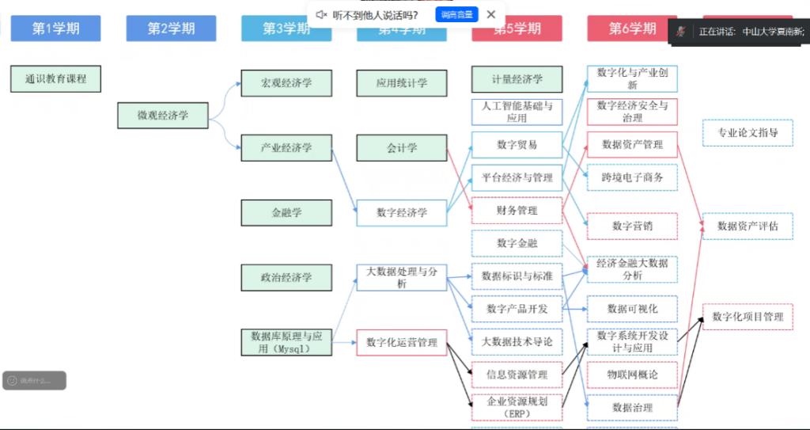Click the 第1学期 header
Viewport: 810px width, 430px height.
(55, 29)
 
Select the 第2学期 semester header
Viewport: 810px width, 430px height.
(171, 29)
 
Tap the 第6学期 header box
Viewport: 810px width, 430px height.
(632, 29)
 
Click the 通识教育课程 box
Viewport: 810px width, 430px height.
(55, 79)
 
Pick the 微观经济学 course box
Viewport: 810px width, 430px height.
(163, 116)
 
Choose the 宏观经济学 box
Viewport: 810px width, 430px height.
(286, 82)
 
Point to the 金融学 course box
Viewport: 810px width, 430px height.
(286, 212)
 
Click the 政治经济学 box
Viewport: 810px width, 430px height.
(286, 277)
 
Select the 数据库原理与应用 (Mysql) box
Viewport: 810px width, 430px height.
(286, 341)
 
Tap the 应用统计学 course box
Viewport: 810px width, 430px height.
(402, 82)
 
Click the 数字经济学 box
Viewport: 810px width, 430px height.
(402, 212)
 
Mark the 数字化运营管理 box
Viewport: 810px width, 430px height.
(402, 342)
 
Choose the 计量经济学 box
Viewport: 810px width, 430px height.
(517, 79)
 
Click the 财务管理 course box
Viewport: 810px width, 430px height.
(517, 211)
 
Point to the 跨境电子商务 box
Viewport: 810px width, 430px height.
(632, 177)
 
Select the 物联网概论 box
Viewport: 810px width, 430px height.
(632, 374)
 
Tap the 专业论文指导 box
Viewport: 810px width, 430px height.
(748, 132)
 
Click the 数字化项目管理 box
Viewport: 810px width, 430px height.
(748, 317)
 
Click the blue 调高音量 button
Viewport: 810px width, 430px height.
(456, 14)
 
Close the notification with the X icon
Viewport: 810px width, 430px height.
(491, 14)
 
